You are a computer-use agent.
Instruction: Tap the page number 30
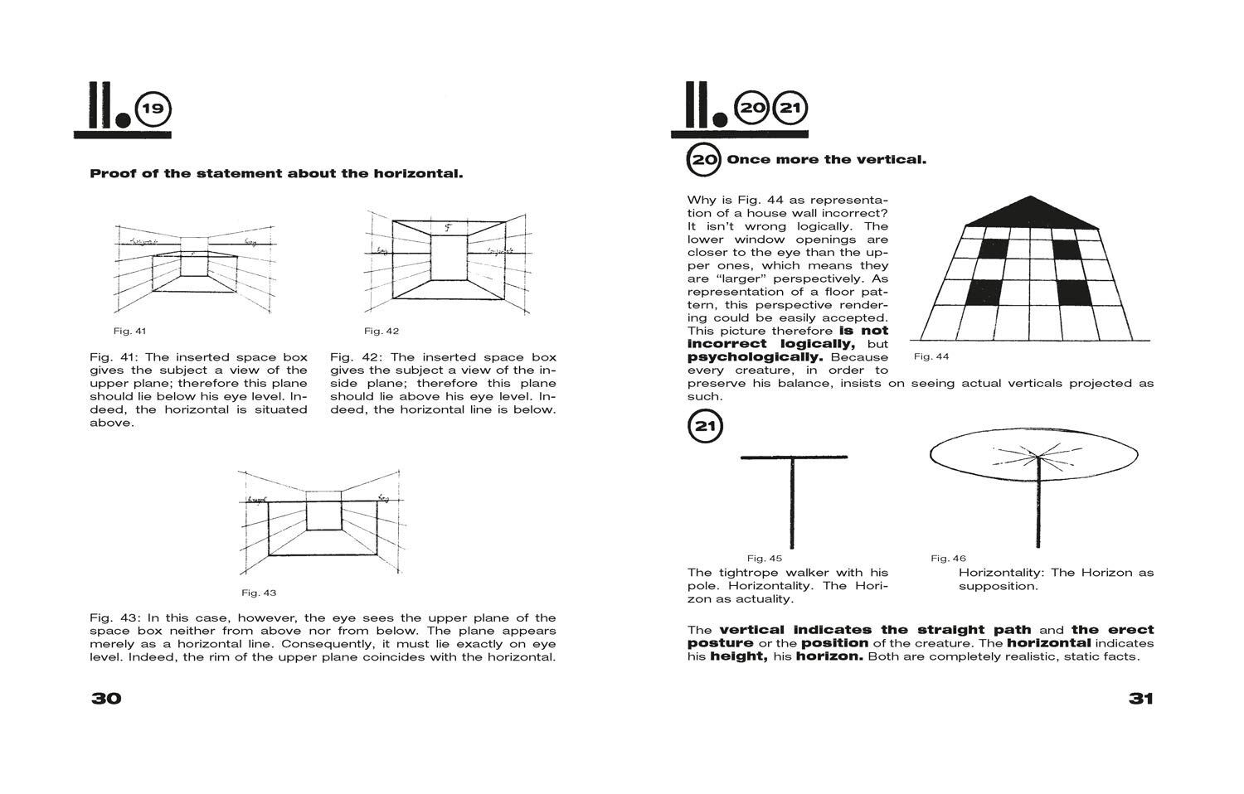tap(106, 698)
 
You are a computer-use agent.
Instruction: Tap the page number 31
tap(1140, 698)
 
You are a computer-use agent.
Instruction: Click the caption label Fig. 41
tap(129, 332)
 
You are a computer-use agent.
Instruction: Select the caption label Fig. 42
tap(381, 332)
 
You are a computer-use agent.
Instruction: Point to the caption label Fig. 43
tap(259, 593)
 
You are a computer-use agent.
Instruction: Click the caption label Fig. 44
tap(931, 356)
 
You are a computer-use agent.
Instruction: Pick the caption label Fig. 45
tap(764, 559)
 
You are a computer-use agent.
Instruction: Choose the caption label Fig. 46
tap(948, 559)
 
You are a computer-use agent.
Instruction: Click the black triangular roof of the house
tap(1031, 213)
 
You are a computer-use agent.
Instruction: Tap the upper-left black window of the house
tap(994, 249)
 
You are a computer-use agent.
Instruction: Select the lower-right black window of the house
tap(1074, 293)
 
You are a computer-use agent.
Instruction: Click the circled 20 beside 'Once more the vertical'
tap(704, 159)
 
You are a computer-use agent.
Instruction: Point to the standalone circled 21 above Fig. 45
tap(705, 427)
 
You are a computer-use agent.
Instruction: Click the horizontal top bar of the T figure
tap(794, 457)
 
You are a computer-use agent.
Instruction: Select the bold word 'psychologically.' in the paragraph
tap(755, 357)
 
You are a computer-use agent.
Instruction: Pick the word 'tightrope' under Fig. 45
tap(746, 573)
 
